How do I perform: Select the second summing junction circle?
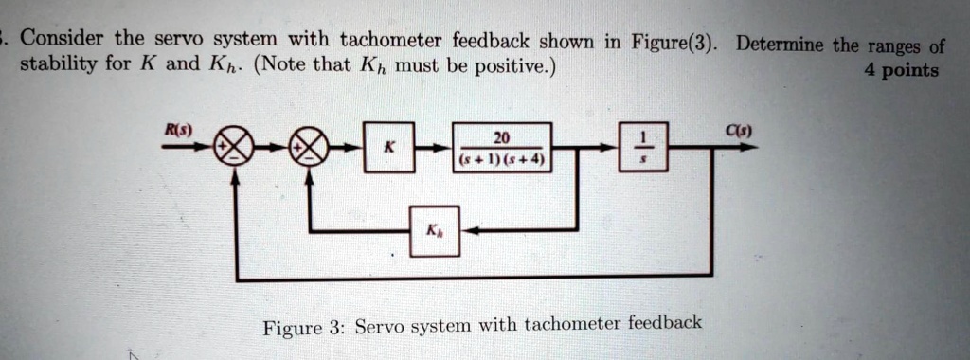tap(310, 147)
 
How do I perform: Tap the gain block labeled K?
tap(388, 147)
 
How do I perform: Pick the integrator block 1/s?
tap(643, 147)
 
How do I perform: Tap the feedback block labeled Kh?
tap(434, 230)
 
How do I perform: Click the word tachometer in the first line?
tap(390, 40)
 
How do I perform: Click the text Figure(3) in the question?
tap(674, 42)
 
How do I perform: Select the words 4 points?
tap(901, 70)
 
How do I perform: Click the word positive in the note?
tap(510, 68)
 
